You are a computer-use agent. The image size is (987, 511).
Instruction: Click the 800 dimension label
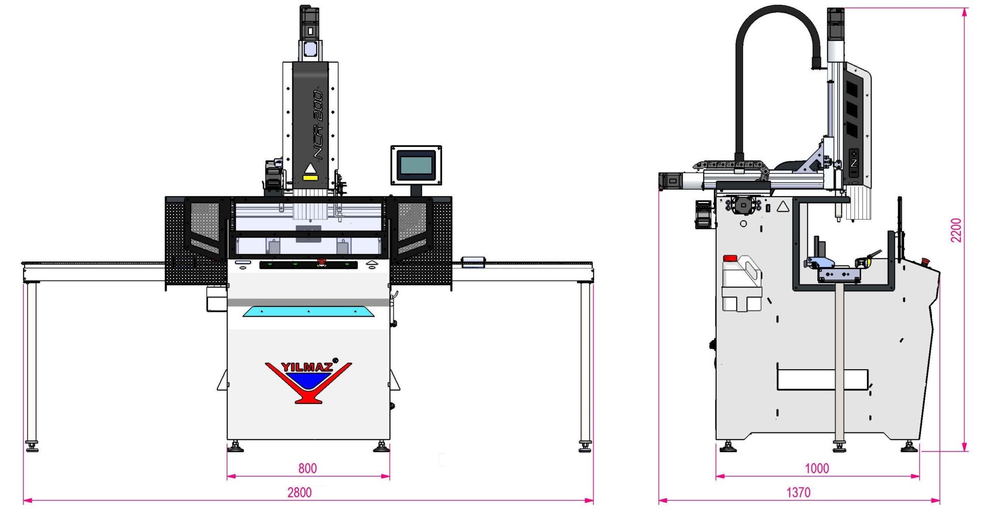pyautogui.click(x=307, y=468)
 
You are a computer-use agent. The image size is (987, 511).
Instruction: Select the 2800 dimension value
pyautogui.click(x=299, y=492)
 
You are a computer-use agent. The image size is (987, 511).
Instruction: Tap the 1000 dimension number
pyautogui.click(x=817, y=468)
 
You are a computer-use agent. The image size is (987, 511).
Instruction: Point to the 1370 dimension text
pyautogui.click(x=798, y=492)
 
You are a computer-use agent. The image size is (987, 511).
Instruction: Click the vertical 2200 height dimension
pyautogui.click(x=956, y=230)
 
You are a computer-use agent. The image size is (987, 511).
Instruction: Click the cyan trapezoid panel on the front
pyautogui.click(x=308, y=311)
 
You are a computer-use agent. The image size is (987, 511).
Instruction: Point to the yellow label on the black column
pyautogui.click(x=310, y=178)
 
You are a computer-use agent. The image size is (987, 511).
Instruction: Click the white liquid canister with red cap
pyautogui.click(x=741, y=282)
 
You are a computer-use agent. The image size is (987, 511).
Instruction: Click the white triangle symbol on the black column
pyautogui.click(x=310, y=168)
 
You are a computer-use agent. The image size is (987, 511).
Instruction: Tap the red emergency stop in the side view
pyautogui.click(x=925, y=261)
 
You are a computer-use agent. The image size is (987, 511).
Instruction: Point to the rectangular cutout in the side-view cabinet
pyautogui.click(x=822, y=379)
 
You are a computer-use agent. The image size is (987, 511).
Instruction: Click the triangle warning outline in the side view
pyautogui.click(x=783, y=206)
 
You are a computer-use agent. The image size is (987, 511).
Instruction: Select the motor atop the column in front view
pyautogui.click(x=309, y=22)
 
